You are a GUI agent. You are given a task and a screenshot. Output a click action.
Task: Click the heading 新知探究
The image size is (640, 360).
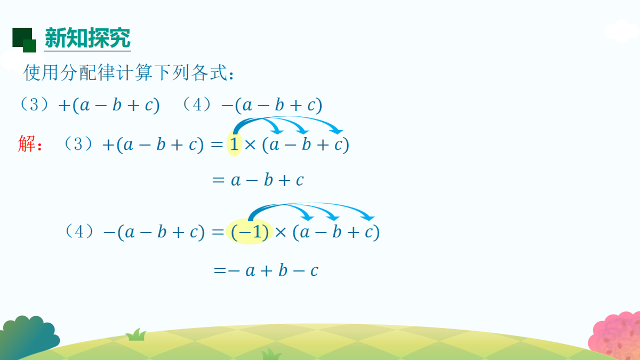pos(87,38)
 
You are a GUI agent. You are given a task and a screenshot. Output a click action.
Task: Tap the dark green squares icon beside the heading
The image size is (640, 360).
pos(24,40)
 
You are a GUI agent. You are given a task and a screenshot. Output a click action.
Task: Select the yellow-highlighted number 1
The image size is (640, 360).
pos(234,145)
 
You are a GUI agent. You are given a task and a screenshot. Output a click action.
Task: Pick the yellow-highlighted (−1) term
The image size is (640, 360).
pos(250,232)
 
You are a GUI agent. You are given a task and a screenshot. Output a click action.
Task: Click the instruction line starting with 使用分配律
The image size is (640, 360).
pos(129,73)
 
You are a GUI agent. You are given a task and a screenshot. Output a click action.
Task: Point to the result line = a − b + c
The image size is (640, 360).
pos(258,180)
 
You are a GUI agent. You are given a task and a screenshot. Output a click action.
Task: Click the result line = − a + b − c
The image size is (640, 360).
pos(266,271)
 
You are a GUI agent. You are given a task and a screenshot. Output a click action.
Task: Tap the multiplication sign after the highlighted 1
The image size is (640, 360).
pos(251,145)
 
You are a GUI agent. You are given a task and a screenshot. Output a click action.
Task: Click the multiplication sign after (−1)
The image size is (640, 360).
pos(281,233)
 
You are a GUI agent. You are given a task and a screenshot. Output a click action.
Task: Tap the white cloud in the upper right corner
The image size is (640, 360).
pos(622,31)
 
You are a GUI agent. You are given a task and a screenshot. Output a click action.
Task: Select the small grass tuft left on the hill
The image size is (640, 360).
pos(136,334)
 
